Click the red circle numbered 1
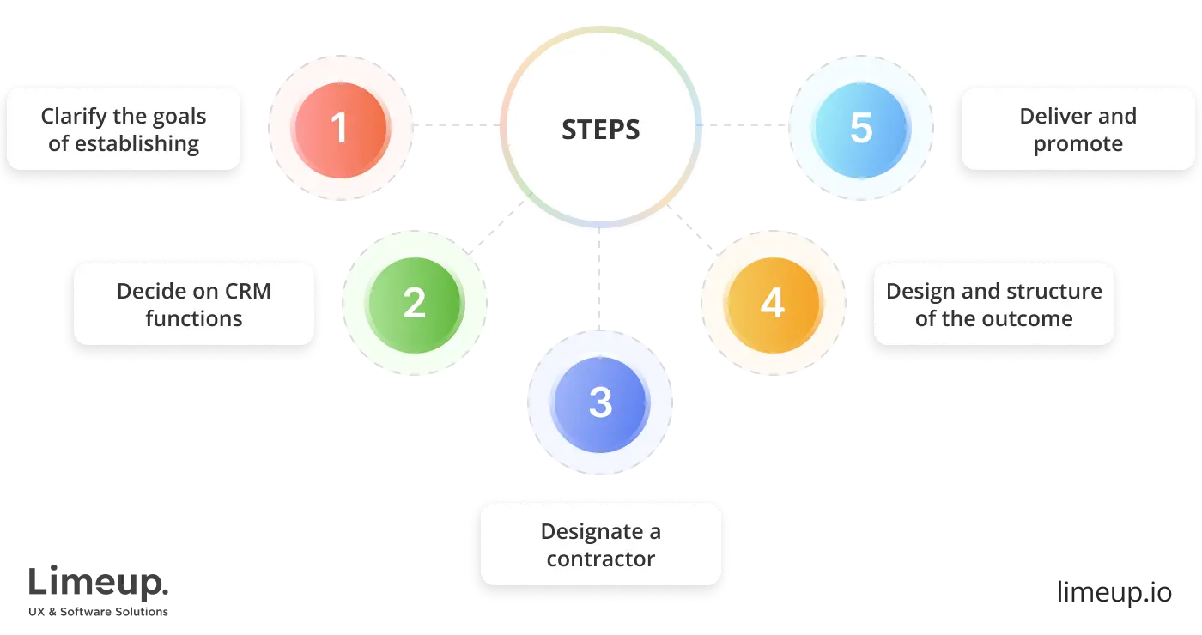(x=341, y=128)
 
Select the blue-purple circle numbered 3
(x=600, y=402)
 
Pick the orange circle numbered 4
(x=773, y=304)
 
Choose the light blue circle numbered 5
(x=861, y=128)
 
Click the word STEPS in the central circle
(x=600, y=130)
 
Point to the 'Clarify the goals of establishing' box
(x=124, y=129)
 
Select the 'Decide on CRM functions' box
(x=194, y=304)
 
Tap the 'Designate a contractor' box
(x=600, y=544)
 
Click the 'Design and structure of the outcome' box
(x=993, y=304)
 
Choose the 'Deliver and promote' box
(x=1078, y=129)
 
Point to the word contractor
(x=600, y=559)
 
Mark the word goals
(x=176, y=116)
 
